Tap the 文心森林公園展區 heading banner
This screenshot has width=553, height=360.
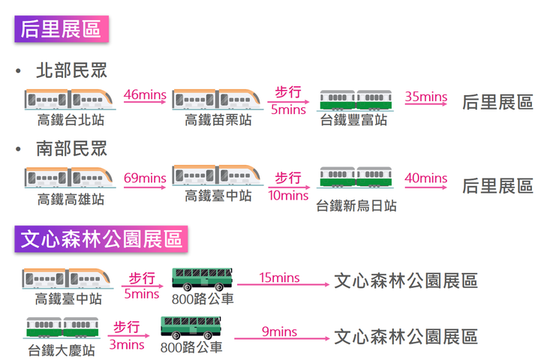pyautogui.click(x=101, y=239)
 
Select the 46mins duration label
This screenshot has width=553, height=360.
pyautogui.click(x=144, y=95)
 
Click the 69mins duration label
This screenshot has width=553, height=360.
pyautogui.click(x=144, y=178)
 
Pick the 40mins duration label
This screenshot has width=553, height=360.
pyautogui.click(x=425, y=178)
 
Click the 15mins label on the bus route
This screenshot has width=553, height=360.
pyautogui.click(x=279, y=278)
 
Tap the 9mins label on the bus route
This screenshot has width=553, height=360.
pyautogui.click(x=279, y=331)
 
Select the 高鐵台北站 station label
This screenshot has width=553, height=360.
pyautogui.click(x=71, y=119)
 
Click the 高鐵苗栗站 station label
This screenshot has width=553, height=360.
pyautogui.click(x=218, y=119)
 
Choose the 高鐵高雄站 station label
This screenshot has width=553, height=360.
pyautogui.click(x=71, y=199)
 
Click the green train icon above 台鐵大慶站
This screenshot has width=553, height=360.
pyautogui.click(x=62, y=328)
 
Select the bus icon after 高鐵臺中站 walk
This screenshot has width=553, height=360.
pyautogui.click(x=203, y=278)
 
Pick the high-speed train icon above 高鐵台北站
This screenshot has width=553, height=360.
pyautogui.click(x=71, y=98)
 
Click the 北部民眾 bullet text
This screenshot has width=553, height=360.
pyautogui.click(x=71, y=70)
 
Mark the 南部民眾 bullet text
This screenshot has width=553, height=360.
pyautogui.click(x=71, y=148)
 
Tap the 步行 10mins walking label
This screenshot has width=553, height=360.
pyautogui.click(x=288, y=187)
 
